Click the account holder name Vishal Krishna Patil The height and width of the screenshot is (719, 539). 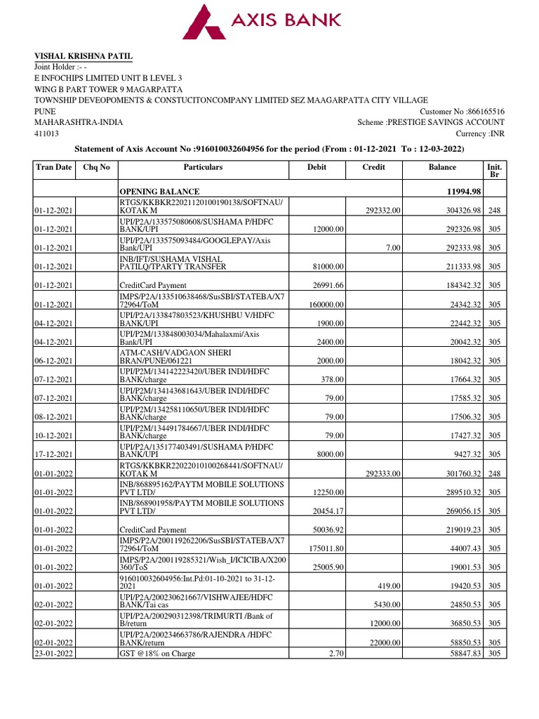point(84,56)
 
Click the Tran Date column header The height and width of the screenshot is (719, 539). point(54,167)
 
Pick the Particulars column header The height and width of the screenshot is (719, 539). point(203,167)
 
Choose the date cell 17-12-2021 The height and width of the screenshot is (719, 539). point(55,455)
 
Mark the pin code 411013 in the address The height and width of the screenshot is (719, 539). point(47,133)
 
